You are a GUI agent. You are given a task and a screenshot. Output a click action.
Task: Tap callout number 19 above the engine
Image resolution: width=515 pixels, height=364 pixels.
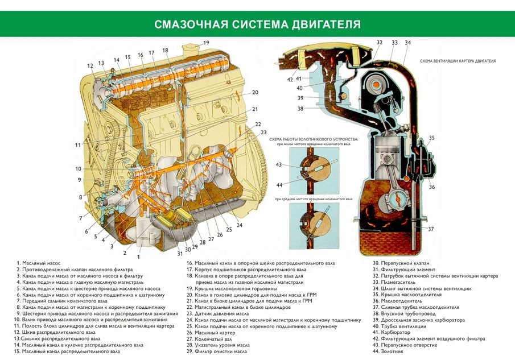click(206, 43)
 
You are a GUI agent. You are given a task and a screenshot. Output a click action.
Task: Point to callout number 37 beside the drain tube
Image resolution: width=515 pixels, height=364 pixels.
click(431, 229)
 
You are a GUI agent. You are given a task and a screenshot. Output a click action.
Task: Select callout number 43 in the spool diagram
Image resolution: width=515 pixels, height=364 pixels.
click(278, 164)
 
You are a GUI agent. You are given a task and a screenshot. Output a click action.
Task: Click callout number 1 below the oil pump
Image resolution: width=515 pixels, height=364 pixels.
click(138, 257)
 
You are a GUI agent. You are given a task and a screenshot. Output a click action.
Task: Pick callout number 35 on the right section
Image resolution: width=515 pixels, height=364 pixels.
click(431, 138)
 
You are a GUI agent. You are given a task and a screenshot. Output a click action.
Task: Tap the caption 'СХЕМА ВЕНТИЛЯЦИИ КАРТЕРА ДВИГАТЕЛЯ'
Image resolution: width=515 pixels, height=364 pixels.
click(458, 60)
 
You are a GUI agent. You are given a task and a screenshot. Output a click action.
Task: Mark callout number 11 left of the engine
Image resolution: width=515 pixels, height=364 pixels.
click(78, 145)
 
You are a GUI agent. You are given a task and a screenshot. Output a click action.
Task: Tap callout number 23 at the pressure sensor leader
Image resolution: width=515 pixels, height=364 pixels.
click(263, 132)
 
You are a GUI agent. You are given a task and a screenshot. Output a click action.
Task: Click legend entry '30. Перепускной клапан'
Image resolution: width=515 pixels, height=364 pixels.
click(401, 263)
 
